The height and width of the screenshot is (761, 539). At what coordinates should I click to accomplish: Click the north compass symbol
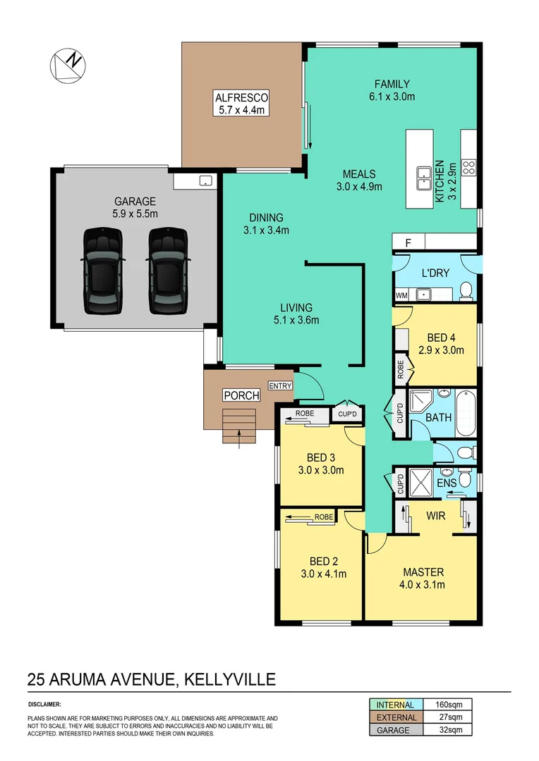[67, 65]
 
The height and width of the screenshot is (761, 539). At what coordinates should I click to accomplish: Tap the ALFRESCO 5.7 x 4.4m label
[242, 103]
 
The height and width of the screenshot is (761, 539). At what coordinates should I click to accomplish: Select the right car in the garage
[168, 271]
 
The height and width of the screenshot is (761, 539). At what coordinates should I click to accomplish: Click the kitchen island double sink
[424, 178]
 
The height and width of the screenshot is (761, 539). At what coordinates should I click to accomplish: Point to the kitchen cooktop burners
[469, 167]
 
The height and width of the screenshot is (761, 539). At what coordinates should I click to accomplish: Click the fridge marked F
[407, 243]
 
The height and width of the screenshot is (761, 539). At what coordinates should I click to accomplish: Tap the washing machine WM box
[402, 295]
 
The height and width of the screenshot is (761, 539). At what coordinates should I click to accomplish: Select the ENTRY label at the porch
[279, 385]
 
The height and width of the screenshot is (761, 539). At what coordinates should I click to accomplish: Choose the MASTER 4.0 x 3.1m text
[423, 578]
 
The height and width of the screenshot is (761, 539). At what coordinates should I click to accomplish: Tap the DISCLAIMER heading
[44, 704]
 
